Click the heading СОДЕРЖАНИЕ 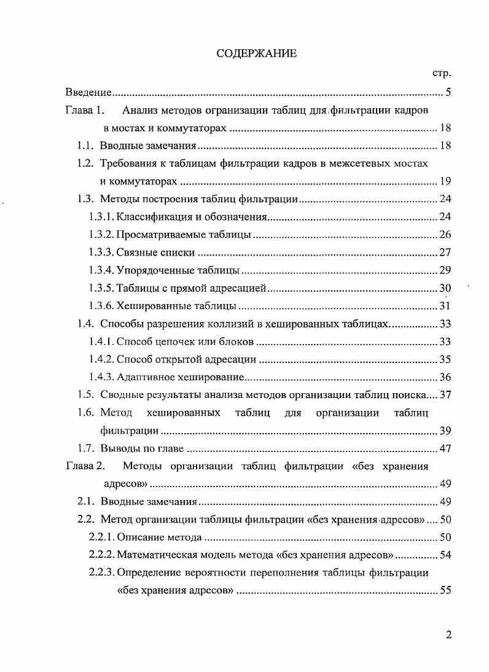pos(256,54)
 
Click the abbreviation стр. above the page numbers pos(442,74)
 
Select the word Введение pos(88,93)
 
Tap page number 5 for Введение pos(448,93)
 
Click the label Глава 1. pos(86,111)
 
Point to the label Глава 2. pos(86,466)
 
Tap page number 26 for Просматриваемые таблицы pos(445,235)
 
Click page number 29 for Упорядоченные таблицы pos(445,270)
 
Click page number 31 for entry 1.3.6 pos(445,306)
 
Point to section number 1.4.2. pos(101,359)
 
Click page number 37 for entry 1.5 pos(445,395)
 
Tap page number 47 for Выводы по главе pos(445,448)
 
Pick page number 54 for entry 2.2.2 pos(445,555)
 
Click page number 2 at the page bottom pos(448,635)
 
